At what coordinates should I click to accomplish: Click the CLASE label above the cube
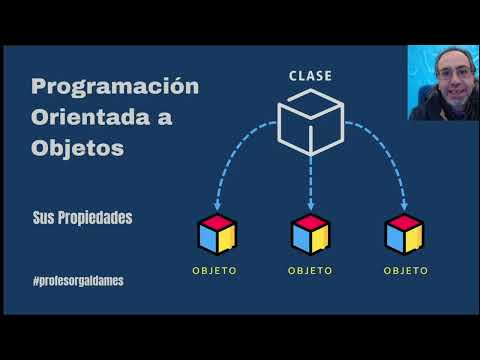(310, 76)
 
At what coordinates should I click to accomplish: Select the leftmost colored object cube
(216, 235)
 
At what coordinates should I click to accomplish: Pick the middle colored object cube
(310, 235)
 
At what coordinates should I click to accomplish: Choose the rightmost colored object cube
(404, 235)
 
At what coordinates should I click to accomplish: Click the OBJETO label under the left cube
(216, 270)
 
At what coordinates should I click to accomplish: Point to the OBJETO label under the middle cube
(310, 270)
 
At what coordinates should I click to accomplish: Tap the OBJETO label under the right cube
(404, 270)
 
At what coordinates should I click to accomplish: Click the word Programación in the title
(115, 86)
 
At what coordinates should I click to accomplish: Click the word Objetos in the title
(77, 148)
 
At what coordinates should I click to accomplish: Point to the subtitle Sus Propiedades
(82, 217)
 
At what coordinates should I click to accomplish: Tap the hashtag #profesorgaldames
(78, 281)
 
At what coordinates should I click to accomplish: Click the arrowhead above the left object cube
(216, 206)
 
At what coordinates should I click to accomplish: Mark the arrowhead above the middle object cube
(310, 206)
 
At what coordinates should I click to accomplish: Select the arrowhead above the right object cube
(404, 206)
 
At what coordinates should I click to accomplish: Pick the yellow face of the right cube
(414, 240)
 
